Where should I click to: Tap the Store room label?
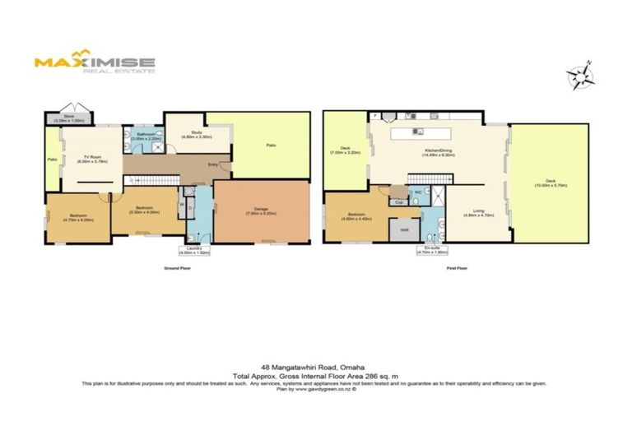click(63, 119)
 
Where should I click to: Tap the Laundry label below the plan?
click(195, 252)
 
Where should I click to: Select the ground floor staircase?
click(156, 179)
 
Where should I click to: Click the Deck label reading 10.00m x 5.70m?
click(550, 184)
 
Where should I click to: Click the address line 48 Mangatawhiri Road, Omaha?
click(315, 367)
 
